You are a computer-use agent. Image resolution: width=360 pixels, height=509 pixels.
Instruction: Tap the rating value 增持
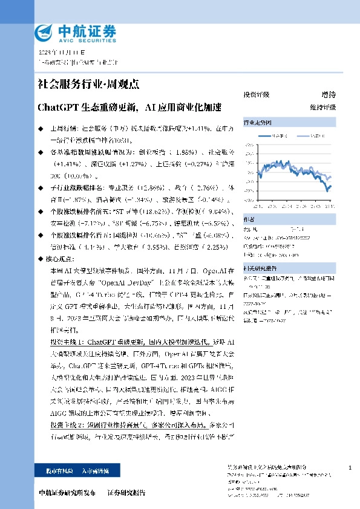point(329,95)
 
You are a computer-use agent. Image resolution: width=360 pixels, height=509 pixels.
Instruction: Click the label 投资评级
point(256,95)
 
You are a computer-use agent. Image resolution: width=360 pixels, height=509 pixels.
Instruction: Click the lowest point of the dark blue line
point(328,190)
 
